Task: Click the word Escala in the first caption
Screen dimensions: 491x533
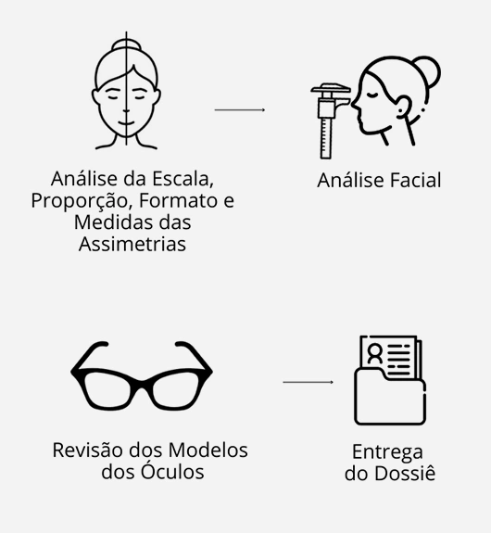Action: pyautogui.click(x=183, y=179)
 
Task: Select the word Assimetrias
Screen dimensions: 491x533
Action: pyautogui.click(x=132, y=244)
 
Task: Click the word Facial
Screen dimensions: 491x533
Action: pyautogui.click(x=415, y=180)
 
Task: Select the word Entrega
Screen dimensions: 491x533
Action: pyautogui.click(x=387, y=452)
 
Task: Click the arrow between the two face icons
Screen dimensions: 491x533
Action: pyautogui.click(x=240, y=109)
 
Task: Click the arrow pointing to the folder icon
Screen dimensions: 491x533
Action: pyautogui.click(x=308, y=382)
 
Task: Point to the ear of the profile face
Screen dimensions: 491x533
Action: pyautogui.click(x=403, y=107)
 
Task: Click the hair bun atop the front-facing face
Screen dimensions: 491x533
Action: pyautogui.click(x=126, y=44)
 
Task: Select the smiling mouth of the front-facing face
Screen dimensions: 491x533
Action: pyautogui.click(x=126, y=122)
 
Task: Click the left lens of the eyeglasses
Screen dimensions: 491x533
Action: pyautogui.click(x=107, y=389)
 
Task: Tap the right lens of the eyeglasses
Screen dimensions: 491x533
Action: pyautogui.click(x=176, y=389)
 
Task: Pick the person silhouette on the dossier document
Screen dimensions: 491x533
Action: pyautogui.click(x=375, y=353)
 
